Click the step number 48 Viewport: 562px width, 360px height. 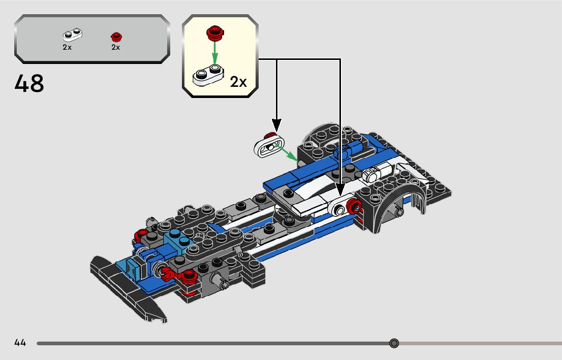click(29, 84)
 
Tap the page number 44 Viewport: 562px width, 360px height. click(20, 343)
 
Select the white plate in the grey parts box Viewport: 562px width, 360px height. click(73, 35)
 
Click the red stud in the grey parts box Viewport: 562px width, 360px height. click(116, 37)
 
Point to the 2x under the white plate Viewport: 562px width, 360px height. click(67, 47)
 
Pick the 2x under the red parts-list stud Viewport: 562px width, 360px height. click(115, 47)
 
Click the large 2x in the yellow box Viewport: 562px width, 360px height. click(238, 82)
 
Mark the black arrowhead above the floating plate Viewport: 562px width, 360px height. click(276, 124)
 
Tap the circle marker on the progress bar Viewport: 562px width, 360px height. click(394, 343)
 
